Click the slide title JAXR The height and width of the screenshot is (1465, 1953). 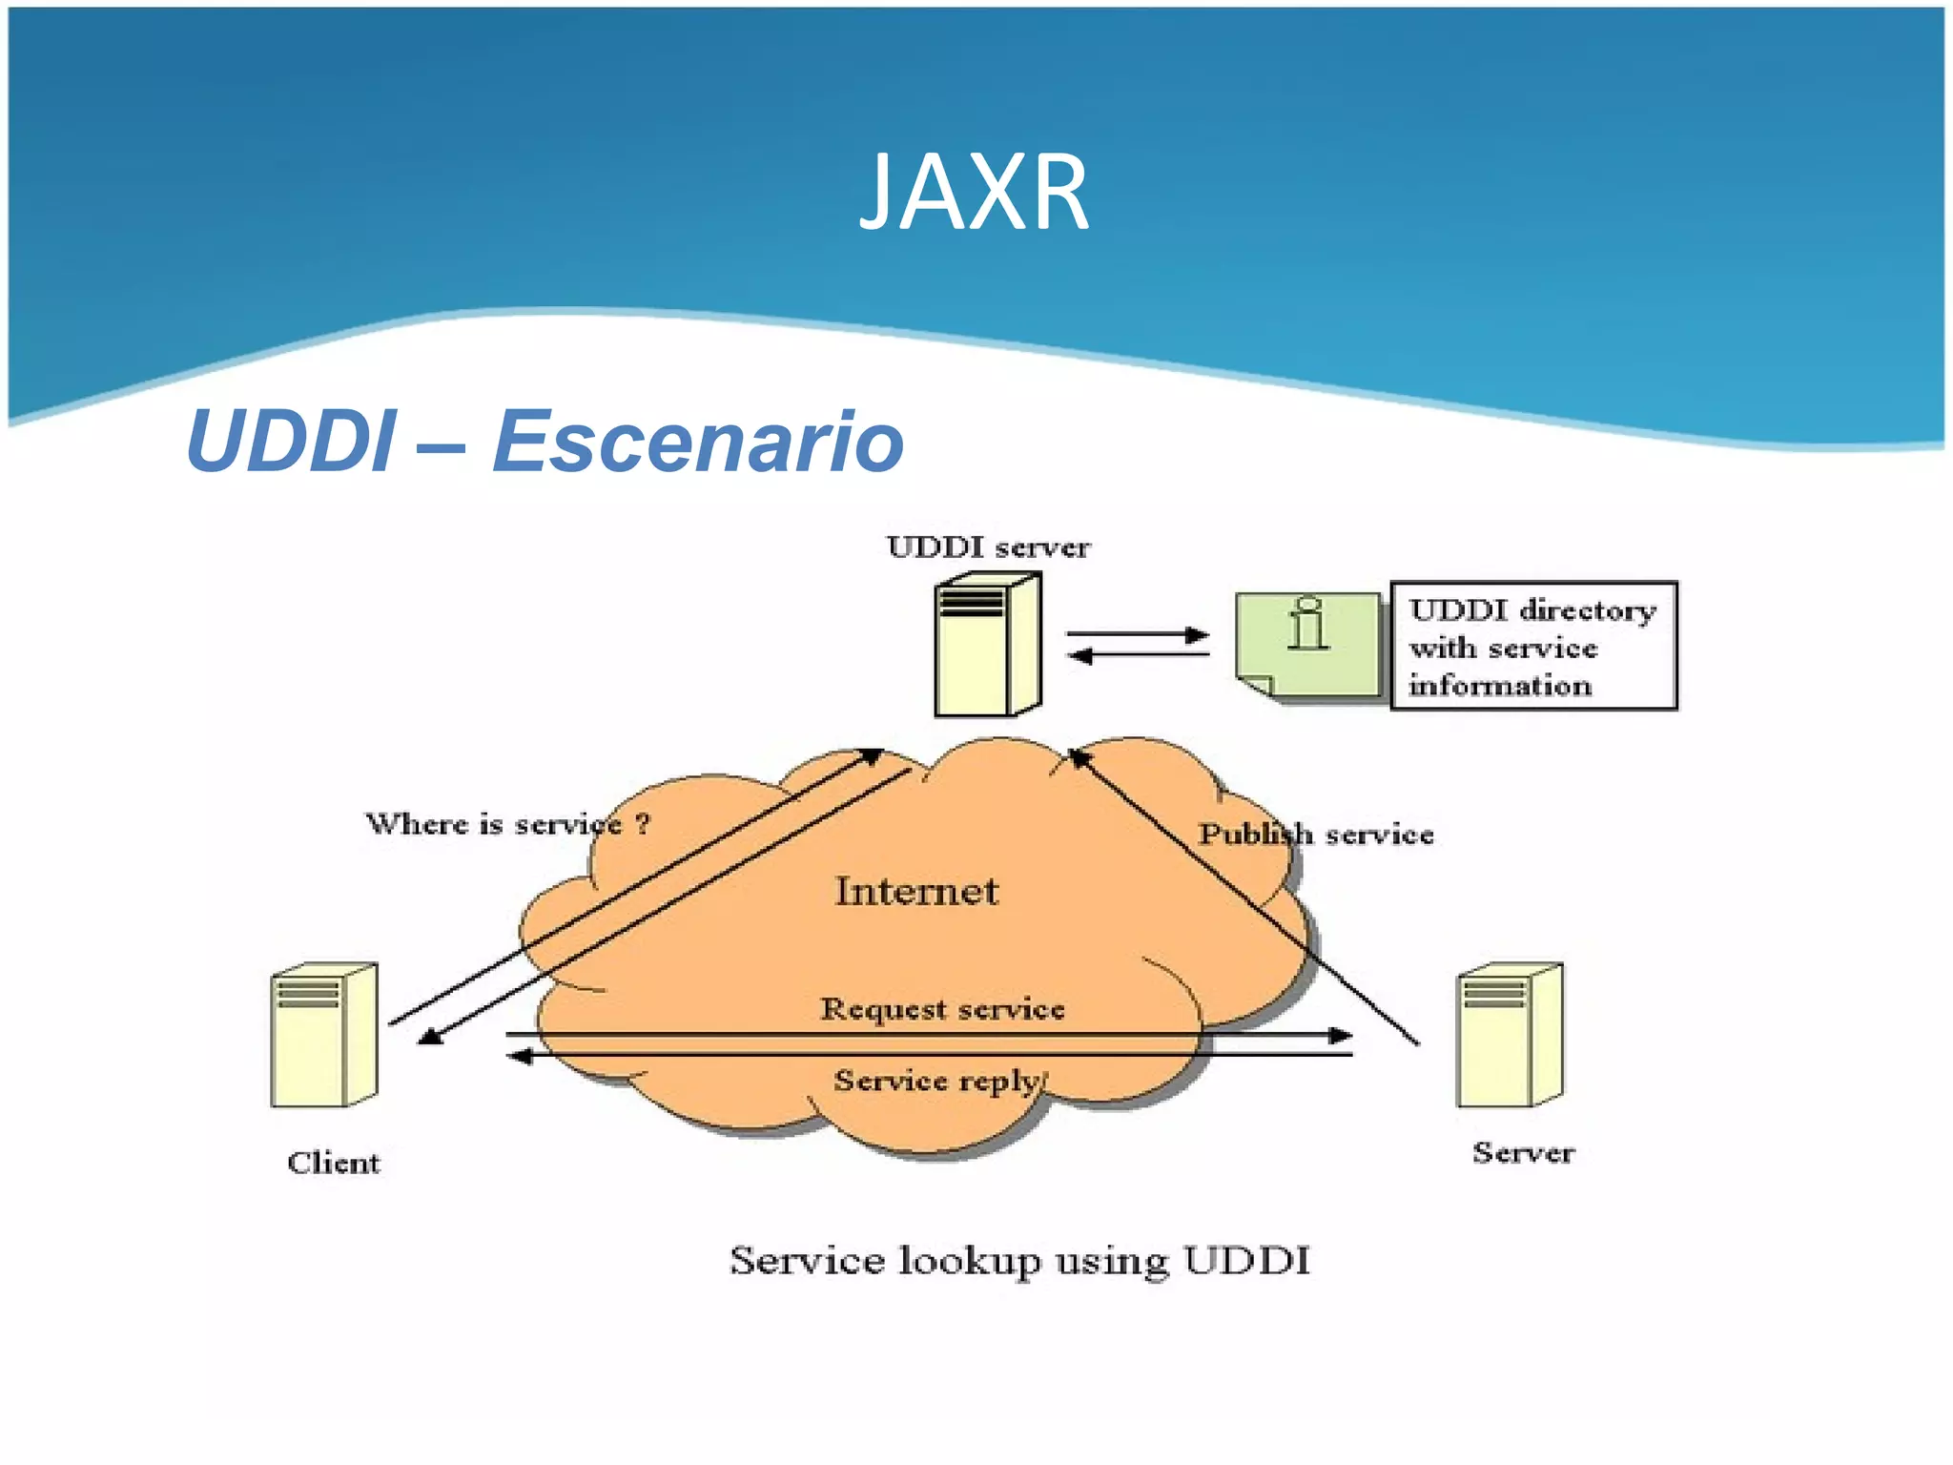(x=974, y=194)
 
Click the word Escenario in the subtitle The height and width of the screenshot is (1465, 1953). (x=698, y=441)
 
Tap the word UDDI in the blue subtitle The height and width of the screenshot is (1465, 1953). (x=290, y=441)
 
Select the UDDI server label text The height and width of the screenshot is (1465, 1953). (x=988, y=547)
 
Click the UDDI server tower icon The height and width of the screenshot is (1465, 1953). (x=987, y=645)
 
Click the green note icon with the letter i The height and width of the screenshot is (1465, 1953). (x=1308, y=644)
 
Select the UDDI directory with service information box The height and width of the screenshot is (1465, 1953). (x=1532, y=647)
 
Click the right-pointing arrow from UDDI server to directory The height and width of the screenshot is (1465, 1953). (x=1196, y=634)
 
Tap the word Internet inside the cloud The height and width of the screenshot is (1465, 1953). (x=916, y=892)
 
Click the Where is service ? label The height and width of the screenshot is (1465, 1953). (x=507, y=824)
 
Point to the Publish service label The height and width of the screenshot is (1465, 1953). (x=1316, y=835)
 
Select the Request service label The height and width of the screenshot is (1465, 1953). (x=942, y=1009)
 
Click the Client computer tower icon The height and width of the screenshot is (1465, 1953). (x=324, y=1036)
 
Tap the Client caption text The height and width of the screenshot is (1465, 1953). (x=334, y=1163)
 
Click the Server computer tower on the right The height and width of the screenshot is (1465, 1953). (x=1510, y=1036)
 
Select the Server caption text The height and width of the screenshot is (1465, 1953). (x=1523, y=1153)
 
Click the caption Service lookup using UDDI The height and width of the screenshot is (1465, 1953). (x=1019, y=1261)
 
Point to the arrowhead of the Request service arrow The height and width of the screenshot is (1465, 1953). (x=1342, y=1035)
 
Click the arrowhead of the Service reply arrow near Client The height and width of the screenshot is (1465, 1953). (x=519, y=1056)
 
